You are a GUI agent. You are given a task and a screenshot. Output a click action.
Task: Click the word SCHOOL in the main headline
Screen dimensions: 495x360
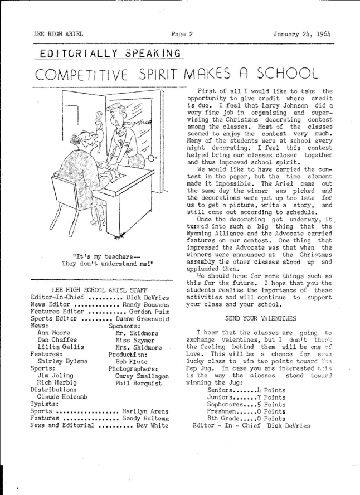click(x=290, y=73)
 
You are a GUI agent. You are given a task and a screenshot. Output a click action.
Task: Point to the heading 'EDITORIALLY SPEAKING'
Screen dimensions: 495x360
click(x=103, y=53)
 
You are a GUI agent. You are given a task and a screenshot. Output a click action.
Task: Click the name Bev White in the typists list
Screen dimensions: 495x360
click(x=154, y=425)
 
